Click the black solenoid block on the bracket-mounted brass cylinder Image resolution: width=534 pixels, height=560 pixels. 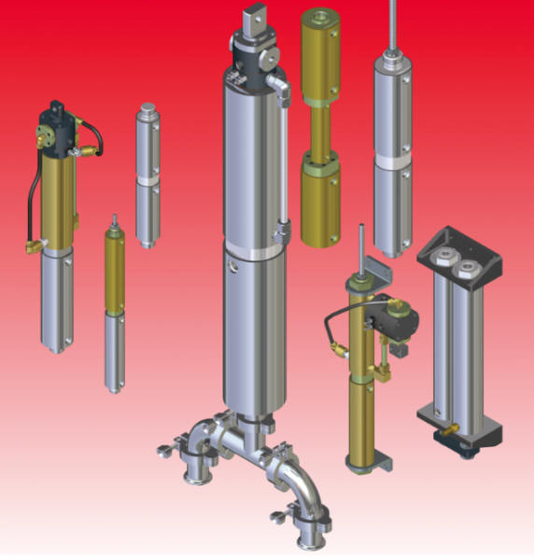coord(397,321)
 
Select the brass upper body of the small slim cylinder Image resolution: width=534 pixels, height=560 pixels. coord(115,271)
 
